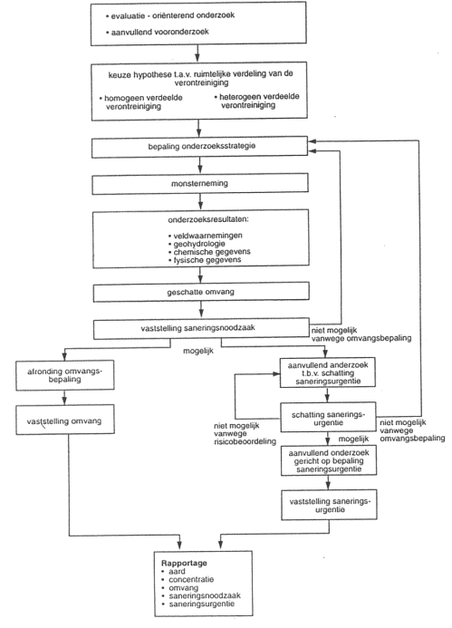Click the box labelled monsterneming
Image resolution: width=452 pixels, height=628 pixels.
[x=200, y=184]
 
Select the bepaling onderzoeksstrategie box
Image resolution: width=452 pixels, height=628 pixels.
[x=200, y=147]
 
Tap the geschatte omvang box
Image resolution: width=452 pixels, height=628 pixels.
[x=201, y=292]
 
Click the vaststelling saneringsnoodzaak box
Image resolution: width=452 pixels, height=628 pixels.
[x=201, y=329]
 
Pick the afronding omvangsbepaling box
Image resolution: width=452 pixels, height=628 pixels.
[x=65, y=375]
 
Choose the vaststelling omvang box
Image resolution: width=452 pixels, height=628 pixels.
[x=65, y=420]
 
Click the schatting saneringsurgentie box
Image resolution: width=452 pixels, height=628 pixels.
[x=328, y=418]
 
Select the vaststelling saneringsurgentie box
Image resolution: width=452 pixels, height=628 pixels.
[x=329, y=505]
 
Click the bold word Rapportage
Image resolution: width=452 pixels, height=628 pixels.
[x=184, y=563]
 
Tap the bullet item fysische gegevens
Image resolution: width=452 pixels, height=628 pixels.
[x=205, y=260]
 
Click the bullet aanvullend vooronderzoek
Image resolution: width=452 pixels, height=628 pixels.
[x=157, y=32]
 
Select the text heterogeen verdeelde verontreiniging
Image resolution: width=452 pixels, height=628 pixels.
[x=256, y=101]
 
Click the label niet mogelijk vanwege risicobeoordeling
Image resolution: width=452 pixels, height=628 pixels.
[x=245, y=434]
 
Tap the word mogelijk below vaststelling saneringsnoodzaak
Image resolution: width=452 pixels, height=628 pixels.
[x=198, y=352]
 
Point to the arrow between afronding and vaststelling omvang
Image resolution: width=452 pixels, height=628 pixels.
[x=64, y=398]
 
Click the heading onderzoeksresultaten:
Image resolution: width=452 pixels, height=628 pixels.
[x=208, y=220]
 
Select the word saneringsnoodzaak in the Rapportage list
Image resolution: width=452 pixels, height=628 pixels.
[x=205, y=596]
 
